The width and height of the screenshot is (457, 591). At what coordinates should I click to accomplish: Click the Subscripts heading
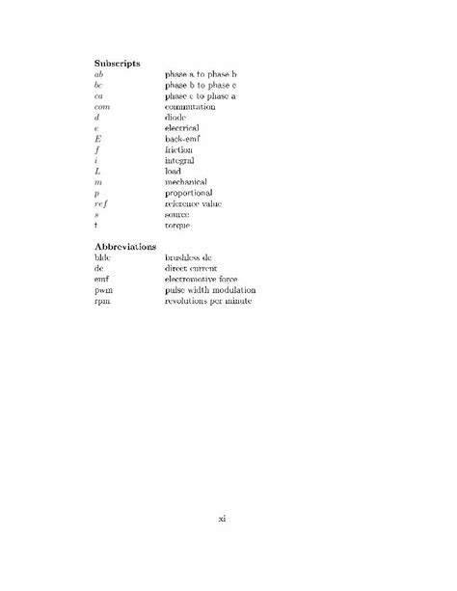pos(118,63)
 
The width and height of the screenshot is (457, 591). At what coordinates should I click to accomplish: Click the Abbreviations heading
pos(125,247)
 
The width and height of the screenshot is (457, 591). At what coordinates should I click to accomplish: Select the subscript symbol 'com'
pos(102,106)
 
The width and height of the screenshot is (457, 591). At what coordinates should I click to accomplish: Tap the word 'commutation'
pos(191,106)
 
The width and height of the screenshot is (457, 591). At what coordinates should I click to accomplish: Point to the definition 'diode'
pos(176,117)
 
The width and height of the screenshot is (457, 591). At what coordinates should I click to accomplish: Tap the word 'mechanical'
pos(187,181)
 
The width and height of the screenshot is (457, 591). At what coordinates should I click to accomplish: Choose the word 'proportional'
pos(190,193)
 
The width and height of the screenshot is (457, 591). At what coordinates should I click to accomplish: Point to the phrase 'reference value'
pos(194,203)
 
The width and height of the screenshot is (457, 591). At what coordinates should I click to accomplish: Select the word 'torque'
pos(178,225)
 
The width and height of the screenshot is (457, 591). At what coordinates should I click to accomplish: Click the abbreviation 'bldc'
pos(103,258)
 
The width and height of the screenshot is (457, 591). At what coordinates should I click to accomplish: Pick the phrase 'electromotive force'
pos(203,280)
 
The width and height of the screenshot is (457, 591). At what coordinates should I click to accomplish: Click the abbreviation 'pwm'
pos(103,290)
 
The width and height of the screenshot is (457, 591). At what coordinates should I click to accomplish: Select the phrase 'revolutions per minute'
pos(208,301)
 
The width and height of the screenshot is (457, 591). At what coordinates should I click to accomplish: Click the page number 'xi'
pos(222,519)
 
